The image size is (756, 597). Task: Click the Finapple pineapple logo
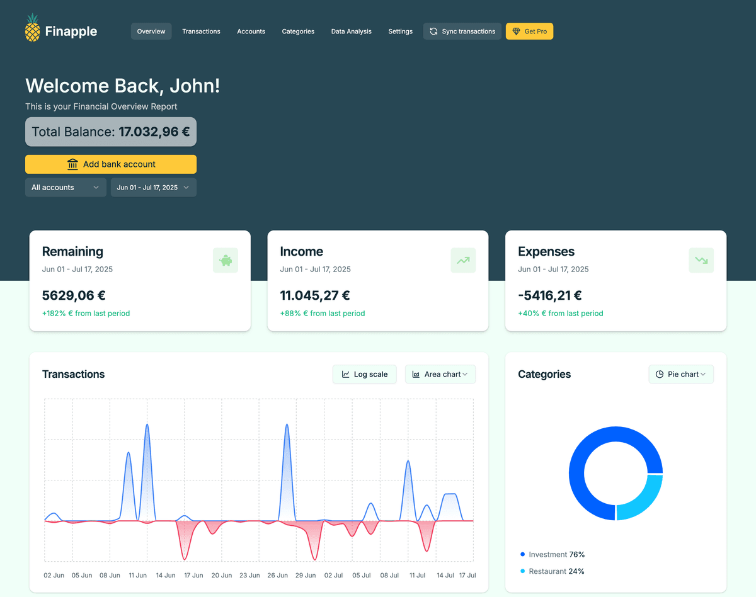[32, 28]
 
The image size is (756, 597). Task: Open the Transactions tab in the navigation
[201, 31]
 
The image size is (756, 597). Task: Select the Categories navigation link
[298, 31]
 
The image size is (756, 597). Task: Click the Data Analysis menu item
[351, 31]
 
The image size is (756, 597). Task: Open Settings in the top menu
[400, 31]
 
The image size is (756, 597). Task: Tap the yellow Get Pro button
[529, 31]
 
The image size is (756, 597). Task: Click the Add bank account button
[111, 164]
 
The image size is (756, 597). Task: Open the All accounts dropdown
[66, 188]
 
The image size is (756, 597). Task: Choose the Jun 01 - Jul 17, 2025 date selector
[153, 188]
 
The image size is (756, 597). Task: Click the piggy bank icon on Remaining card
[226, 260]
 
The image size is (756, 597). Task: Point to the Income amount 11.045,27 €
[315, 295]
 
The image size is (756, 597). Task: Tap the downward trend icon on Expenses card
[701, 260]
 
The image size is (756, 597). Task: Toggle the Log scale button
[364, 374]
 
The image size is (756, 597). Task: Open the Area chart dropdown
[440, 374]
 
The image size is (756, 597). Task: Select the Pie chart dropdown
[680, 374]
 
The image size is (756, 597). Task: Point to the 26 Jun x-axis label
[277, 575]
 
